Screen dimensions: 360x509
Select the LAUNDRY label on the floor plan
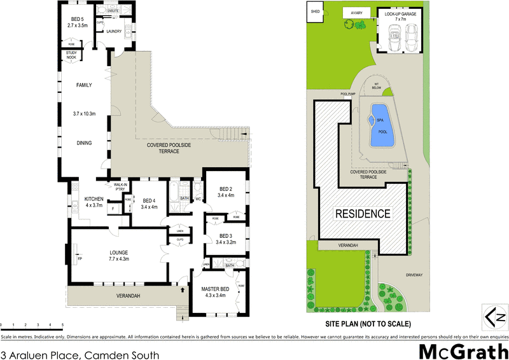pyautogui.click(x=115, y=31)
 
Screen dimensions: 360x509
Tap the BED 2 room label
pyautogui.click(x=226, y=192)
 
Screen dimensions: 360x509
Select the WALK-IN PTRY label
pyautogui.click(x=120, y=186)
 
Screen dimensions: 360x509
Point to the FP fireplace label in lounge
pyautogui.click(x=80, y=260)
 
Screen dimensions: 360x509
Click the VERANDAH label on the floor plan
pyautogui.click(x=127, y=296)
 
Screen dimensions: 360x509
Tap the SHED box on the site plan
pyautogui.click(x=314, y=11)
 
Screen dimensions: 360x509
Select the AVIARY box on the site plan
pyautogui.click(x=352, y=13)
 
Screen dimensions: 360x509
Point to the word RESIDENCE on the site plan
pyautogui.click(x=363, y=214)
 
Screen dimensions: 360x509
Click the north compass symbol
pyautogui.click(x=495, y=315)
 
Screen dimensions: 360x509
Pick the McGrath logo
pyautogui.click(x=463, y=351)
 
